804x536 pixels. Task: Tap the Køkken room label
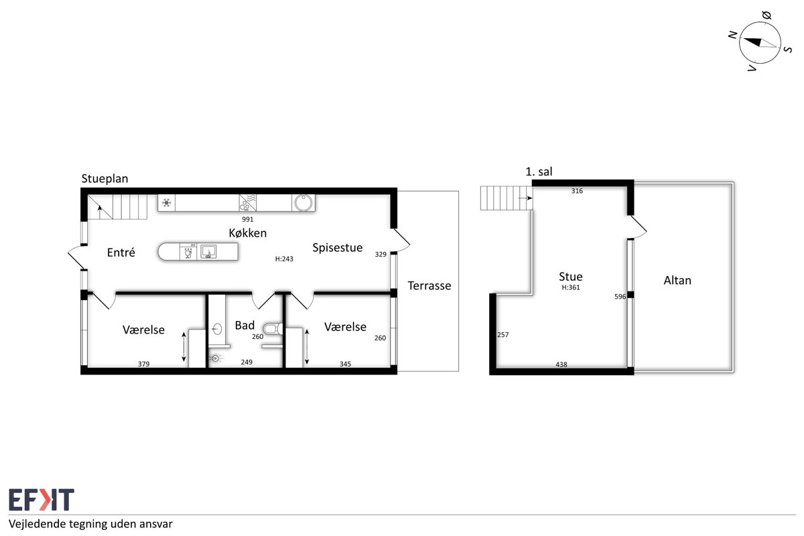click(x=248, y=233)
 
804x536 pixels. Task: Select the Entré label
click(x=121, y=253)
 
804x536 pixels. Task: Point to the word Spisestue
click(x=338, y=248)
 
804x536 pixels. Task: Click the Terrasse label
click(x=429, y=286)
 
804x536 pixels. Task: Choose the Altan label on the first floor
click(x=677, y=280)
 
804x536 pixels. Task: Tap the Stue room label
click(x=571, y=277)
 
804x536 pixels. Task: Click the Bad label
click(x=245, y=325)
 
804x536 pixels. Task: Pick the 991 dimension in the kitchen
click(x=248, y=219)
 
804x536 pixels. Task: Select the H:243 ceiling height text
click(x=284, y=259)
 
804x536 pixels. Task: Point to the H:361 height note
click(x=571, y=287)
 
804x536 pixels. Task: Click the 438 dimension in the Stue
click(x=561, y=364)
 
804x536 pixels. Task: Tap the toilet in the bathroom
click(x=273, y=329)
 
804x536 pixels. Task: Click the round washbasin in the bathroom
click(x=217, y=329)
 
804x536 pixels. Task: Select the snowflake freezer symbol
click(x=167, y=203)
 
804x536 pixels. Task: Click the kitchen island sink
click(x=208, y=252)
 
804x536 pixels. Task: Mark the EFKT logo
click(x=42, y=499)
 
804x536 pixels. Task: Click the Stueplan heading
click(x=105, y=179)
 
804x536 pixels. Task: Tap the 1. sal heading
click(x=539, y=172)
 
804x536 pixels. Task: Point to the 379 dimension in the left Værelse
click(x=143, y=364)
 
